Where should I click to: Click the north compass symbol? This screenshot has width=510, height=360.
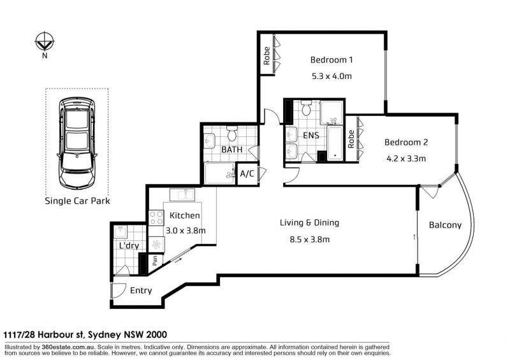point(45,41)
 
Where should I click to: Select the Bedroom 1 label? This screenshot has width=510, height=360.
point(331,60)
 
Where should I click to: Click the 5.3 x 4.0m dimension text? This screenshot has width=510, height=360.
point(331,76)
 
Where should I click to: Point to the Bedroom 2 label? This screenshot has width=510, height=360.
point(406,142)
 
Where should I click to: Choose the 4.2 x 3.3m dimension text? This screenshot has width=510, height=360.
point(406,159)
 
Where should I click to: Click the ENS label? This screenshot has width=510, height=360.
point(311,135)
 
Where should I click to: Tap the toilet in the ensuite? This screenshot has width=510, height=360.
point(306,108)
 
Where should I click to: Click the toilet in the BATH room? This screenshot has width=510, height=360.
point(232,133)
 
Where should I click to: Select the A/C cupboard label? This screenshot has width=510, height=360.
point(247,174)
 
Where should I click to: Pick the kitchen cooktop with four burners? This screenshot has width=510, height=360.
point(156,218)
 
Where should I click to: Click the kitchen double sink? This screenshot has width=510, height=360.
point(182,195)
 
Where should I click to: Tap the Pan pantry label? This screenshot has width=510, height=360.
point(155,260)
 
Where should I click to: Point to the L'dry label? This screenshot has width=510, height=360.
point(129,245)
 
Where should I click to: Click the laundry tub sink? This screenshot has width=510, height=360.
point(120,232)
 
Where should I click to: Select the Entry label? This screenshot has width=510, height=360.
point(141,291)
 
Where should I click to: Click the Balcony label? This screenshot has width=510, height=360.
point(445,225)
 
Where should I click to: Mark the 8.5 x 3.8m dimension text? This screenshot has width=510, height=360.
point(309,240)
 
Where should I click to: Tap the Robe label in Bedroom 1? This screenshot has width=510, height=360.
point(266,56)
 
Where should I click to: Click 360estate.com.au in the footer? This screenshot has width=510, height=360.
point(68,347)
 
